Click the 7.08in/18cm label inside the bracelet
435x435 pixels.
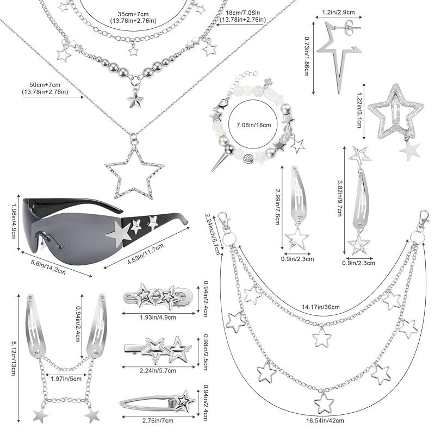(253, 125)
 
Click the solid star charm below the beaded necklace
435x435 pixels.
(135, 100)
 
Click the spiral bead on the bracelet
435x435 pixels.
(247, 159)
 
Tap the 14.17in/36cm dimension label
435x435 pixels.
(321, 307)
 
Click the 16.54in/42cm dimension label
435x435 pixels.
(325, 420)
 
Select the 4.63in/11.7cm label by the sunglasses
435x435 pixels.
(146, 253)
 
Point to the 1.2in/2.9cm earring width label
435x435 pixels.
(338, 12)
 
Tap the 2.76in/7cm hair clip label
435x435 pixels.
(158, 420)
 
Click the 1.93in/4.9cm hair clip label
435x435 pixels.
(158, 318)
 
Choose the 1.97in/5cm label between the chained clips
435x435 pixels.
(66, 378)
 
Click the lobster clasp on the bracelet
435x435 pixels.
(223, 104)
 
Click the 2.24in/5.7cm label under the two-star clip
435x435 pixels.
(158, 371)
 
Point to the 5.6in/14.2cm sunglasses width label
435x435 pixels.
(48, 266)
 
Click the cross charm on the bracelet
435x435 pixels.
(268, 81)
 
